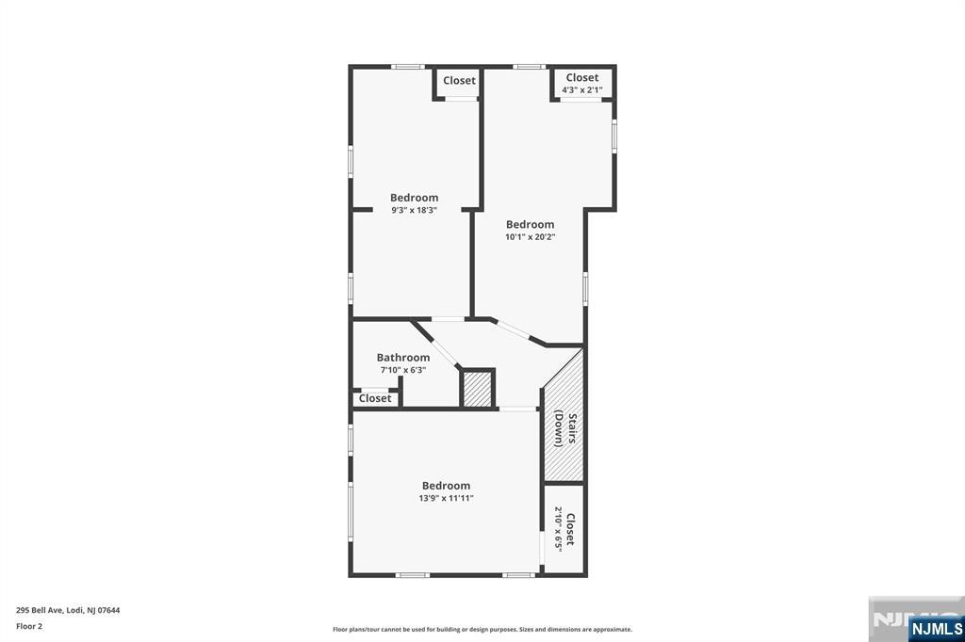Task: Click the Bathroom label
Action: (403, 358)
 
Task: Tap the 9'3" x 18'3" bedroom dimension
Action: (415, 210)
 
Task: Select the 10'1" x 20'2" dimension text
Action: (530, 237)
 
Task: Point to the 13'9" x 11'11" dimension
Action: (446, 498)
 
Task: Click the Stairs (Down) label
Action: (565, 428)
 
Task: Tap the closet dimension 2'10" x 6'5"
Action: (559, 529)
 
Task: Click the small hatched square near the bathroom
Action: (478, 389)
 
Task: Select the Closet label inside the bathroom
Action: (375, 398)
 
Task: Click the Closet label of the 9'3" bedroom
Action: (459, 81)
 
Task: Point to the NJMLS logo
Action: (936, 629)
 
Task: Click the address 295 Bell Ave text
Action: (68, 611)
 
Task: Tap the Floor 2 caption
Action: (29, 627)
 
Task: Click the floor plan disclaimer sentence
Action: (482, 630)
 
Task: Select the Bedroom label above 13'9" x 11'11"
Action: (446, 486)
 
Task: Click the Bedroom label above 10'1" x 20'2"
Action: (530, 224)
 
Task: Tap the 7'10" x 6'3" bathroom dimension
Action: (403, 370)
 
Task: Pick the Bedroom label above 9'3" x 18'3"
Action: (415, 198)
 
